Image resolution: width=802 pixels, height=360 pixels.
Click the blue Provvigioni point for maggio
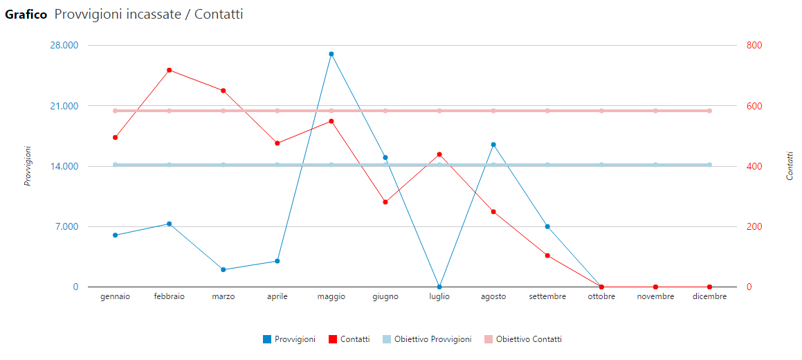coord(331,54)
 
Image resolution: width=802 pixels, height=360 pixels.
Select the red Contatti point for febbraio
coord(169,70)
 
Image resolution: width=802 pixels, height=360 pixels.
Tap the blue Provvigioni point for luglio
coord(439,287)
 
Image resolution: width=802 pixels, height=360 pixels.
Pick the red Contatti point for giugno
coord(385,202)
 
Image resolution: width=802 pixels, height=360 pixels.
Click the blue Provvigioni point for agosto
coord(493,145)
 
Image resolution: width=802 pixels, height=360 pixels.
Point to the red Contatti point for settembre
coord(547,255)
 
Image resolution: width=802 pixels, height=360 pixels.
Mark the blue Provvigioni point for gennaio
coord(116,235)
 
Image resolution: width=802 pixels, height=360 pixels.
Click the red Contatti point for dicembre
coord(709,287)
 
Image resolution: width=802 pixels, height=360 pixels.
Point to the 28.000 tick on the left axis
coord(64,46)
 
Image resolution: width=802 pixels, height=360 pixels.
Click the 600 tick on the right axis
coord(754,106)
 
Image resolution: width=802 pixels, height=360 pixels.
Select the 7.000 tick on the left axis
coord(66,226)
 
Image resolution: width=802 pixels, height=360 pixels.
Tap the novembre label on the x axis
coord(655,296)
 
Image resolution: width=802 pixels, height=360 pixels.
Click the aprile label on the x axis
coord(277,296)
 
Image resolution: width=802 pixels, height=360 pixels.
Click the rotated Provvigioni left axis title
coord(28,166)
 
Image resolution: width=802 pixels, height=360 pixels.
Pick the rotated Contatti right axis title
coord(790,166)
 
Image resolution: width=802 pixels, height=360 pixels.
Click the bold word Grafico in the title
coord(26,15)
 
